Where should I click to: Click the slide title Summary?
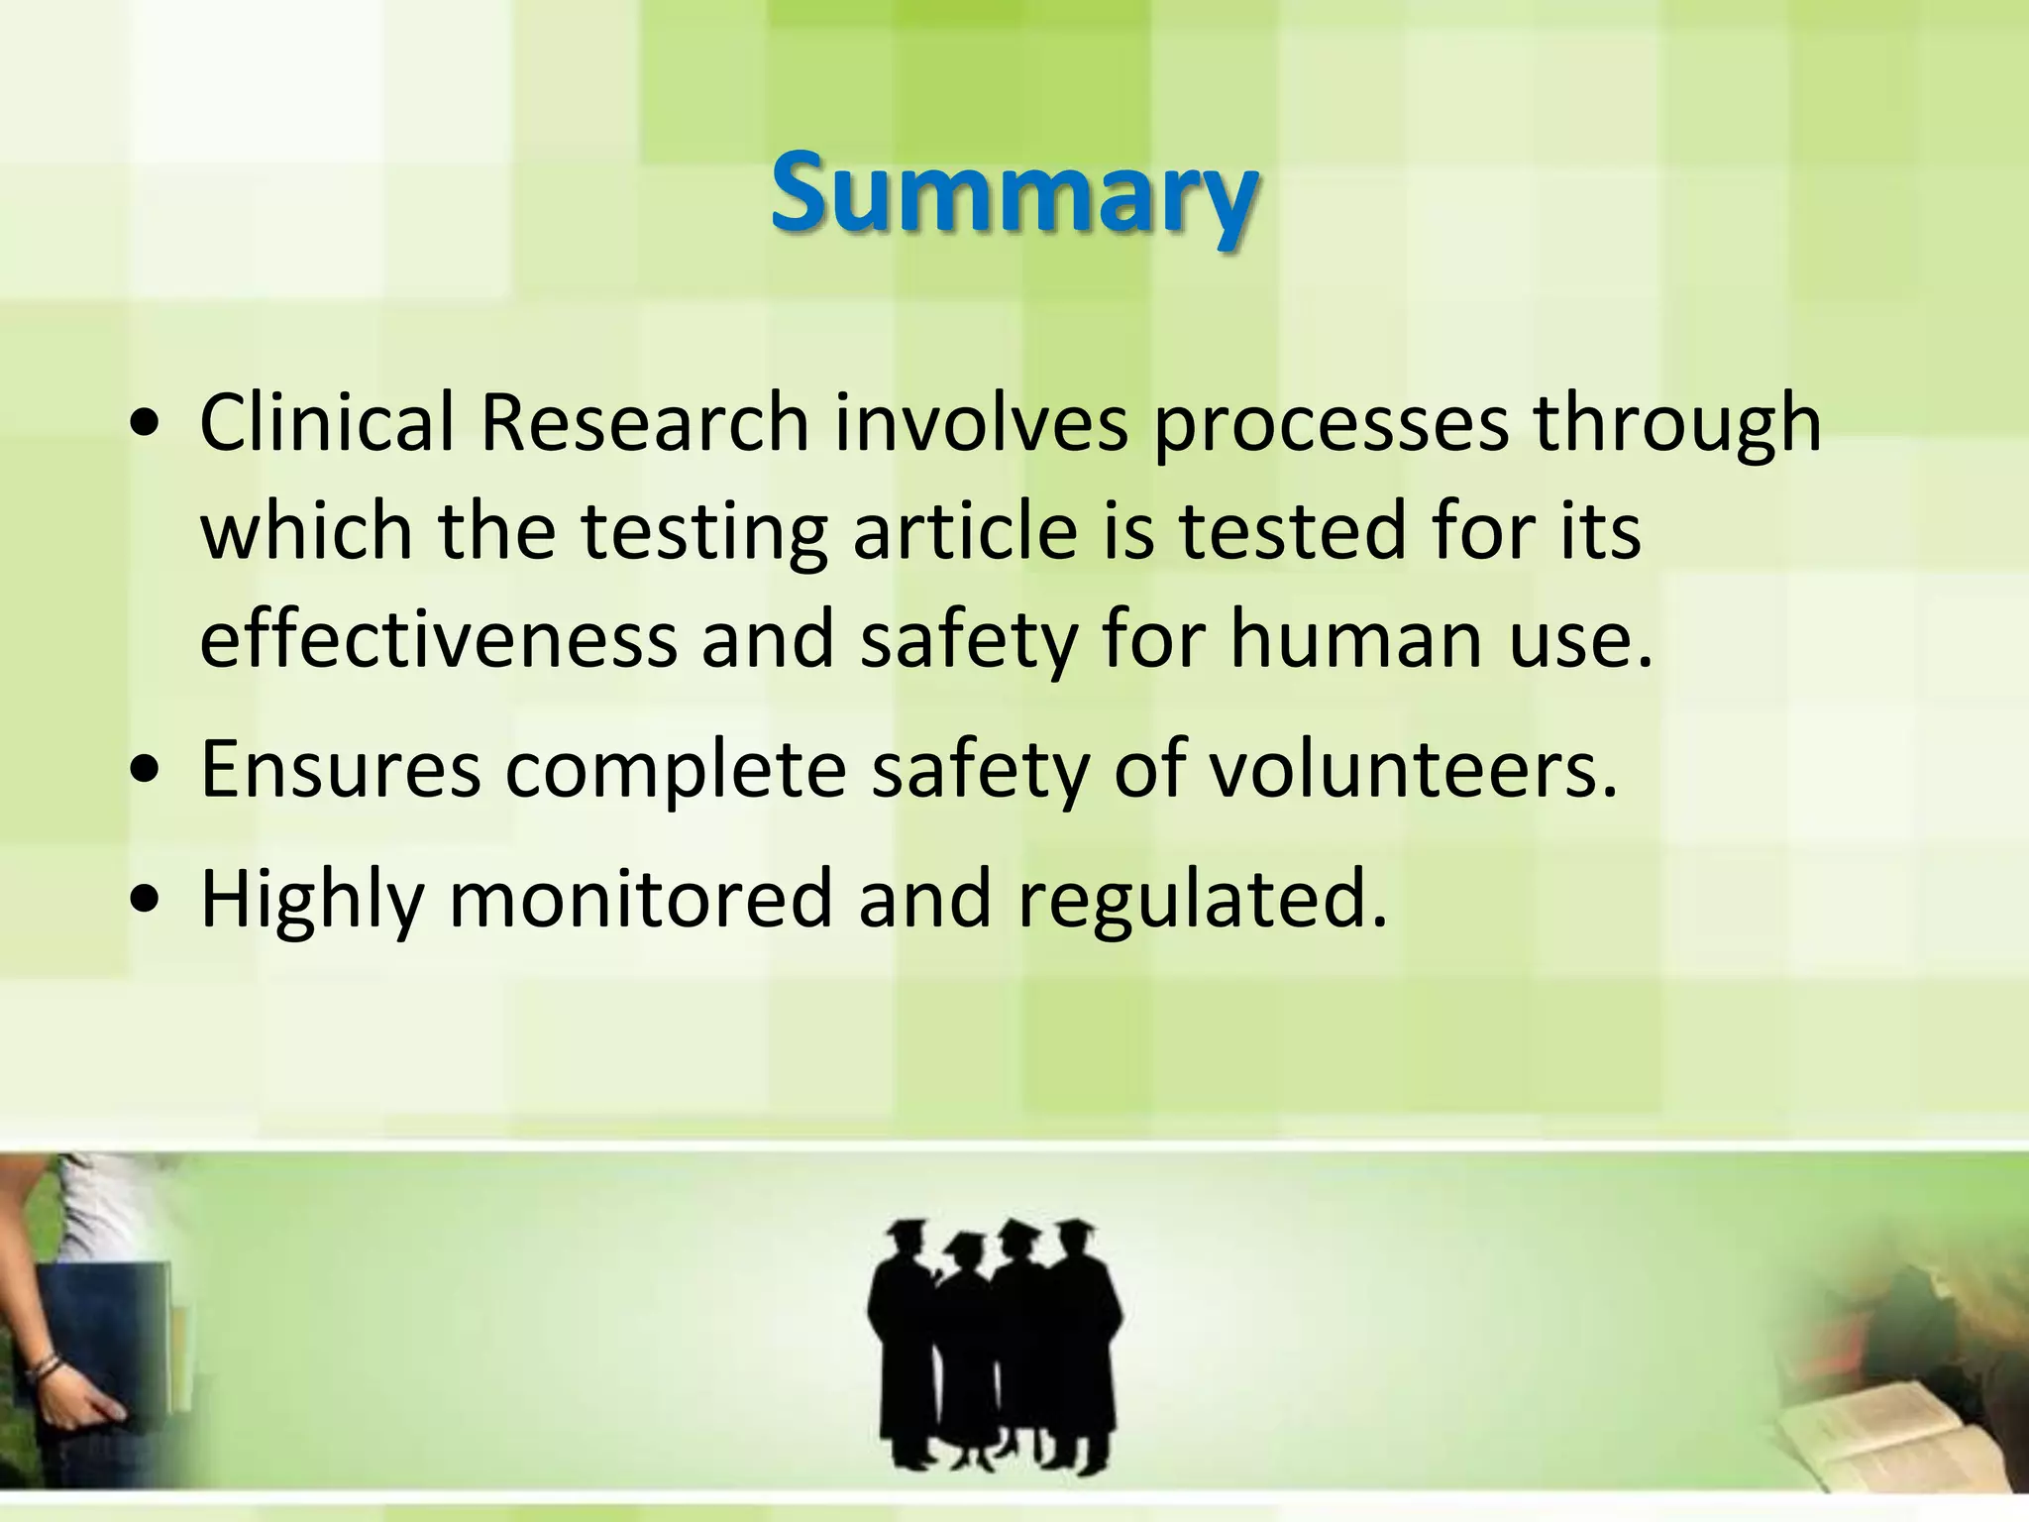tap(1014, 193)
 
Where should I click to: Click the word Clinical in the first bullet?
tap(326, 423)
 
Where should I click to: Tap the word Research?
tap(644, 423)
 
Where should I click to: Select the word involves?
tap(981, 423)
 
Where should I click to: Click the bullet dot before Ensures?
tap(146, 770)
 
